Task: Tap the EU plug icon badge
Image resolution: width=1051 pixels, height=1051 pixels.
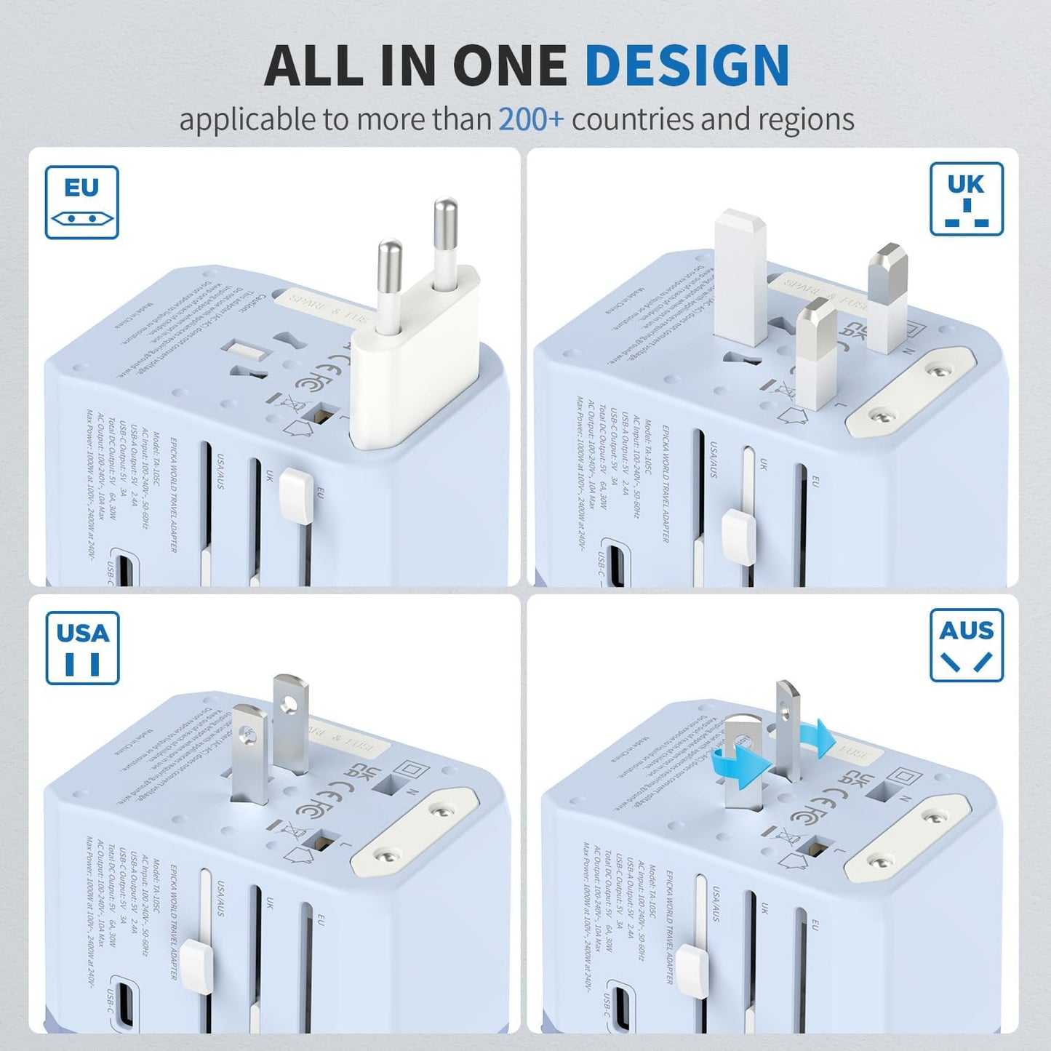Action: coord(81,202)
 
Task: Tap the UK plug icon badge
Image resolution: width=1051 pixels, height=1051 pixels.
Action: coord(966,199)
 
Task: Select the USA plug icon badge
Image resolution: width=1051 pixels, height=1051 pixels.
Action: coord(82,647)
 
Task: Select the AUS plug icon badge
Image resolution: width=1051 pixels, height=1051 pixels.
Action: coord(966,644)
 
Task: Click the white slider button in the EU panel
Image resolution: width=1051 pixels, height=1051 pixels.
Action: coord(295,495)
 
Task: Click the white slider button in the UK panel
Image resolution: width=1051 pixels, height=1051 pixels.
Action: coord(738,538)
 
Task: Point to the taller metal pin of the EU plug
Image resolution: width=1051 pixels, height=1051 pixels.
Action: coord(444,240)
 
